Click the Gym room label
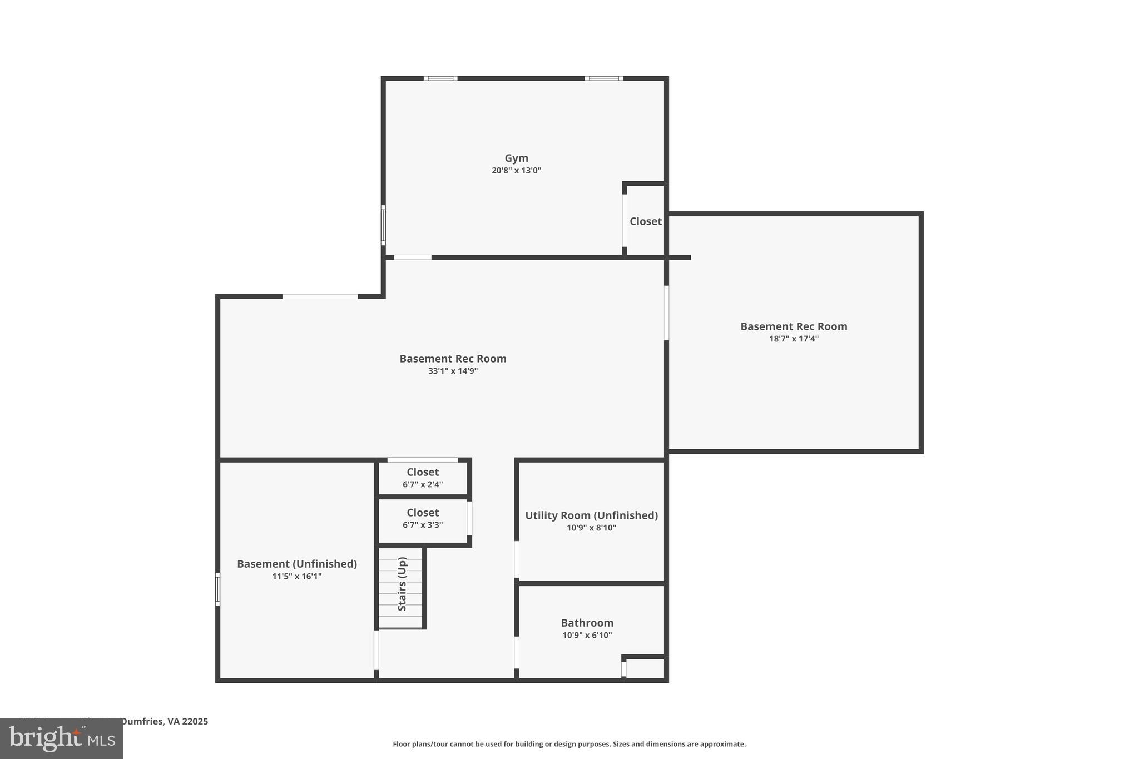click(516, 158)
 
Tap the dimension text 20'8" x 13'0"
click(516, 171)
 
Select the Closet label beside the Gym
click(645, 221)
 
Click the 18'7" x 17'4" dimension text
click(794, 339)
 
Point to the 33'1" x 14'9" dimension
click(453, 371)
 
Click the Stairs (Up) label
click(402, 584)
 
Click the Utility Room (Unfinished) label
click(591, 515)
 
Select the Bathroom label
click(587, 623)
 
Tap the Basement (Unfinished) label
click(297, 564)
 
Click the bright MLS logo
click(62, 739)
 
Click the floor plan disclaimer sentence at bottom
click(569, 744)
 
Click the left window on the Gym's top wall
click(440, 78)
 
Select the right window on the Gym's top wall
click(603, 78)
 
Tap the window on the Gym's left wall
click(383, 225)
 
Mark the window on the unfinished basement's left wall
click(218, 589)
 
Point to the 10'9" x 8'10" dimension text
click(591, 528)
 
